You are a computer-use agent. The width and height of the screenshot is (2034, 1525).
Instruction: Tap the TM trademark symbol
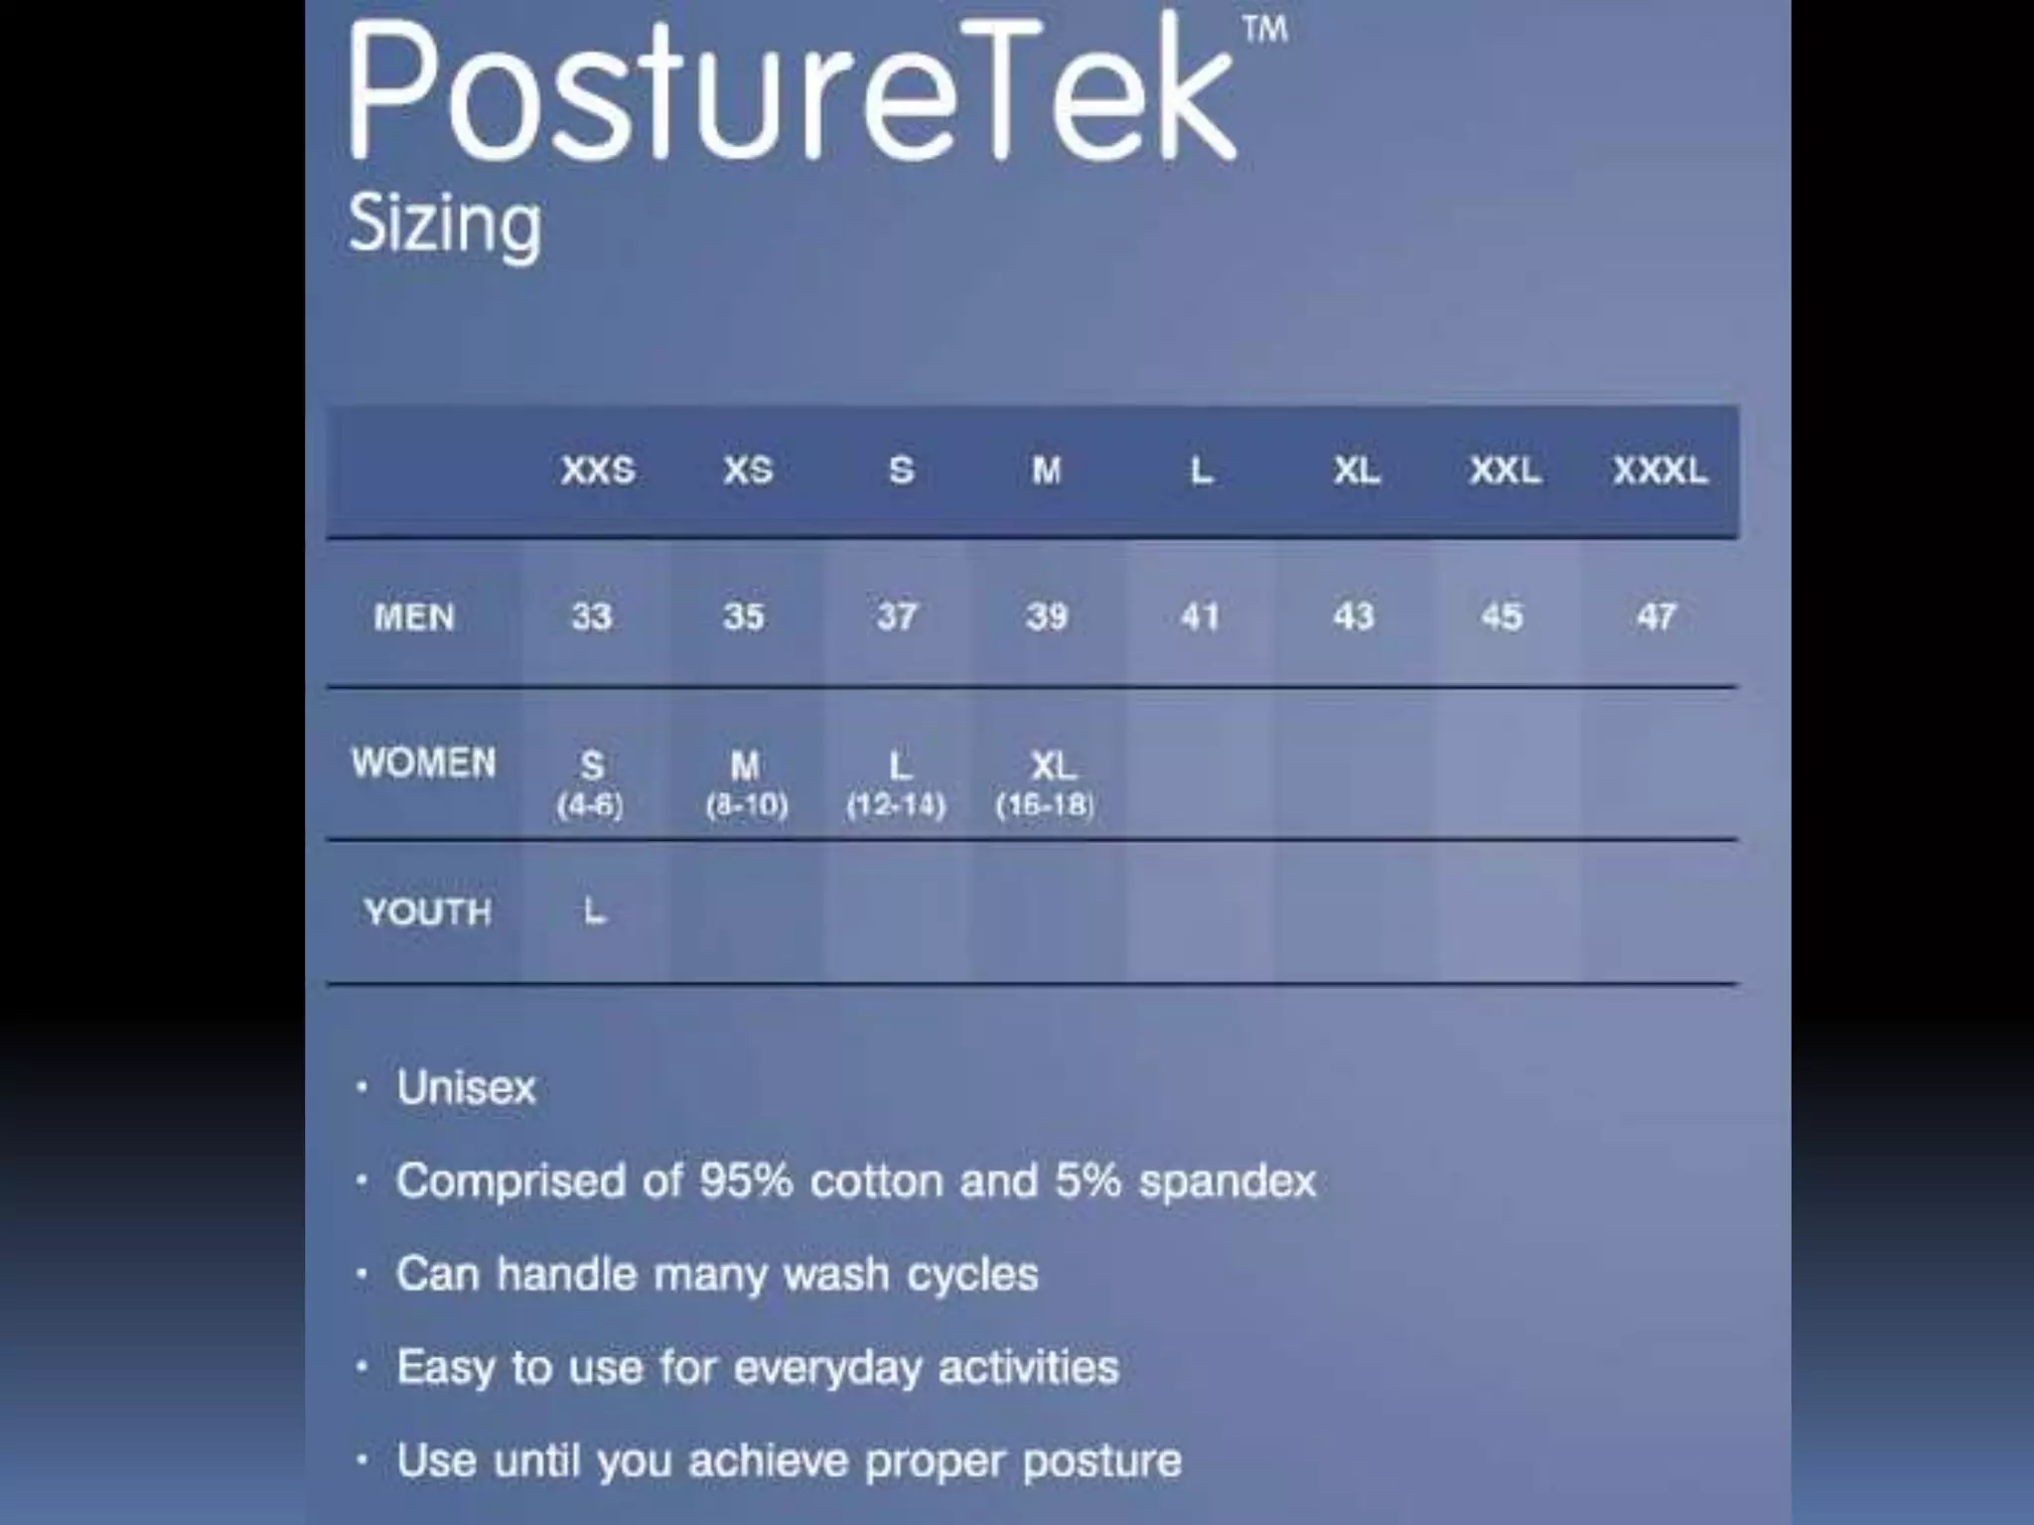coord(1265,29)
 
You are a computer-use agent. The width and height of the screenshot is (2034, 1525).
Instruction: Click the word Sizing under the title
coord(445,224)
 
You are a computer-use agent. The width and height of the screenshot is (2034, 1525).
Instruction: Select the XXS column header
coord(597,470)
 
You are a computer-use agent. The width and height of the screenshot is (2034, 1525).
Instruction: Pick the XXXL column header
coord(1660,470)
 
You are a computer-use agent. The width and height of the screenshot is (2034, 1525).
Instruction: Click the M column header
coord(1046,470)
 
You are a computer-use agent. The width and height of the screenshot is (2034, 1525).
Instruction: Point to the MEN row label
coord(414,618)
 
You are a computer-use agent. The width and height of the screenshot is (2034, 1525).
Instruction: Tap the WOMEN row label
coord(423,762)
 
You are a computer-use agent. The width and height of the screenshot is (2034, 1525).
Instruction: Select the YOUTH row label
coord(427,911)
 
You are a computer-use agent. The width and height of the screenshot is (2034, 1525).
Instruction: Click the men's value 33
coord(592,617)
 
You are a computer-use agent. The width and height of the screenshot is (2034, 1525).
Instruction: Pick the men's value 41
coord(1200,617)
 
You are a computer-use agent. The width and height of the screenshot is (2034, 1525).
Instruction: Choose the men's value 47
coord(1656,617)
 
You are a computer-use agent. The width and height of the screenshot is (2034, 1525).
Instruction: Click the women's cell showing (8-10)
coord(747,804)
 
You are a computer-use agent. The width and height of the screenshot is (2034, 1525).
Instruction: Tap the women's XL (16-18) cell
coord(1049,784)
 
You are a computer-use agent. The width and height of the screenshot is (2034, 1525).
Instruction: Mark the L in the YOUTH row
coord(594,910)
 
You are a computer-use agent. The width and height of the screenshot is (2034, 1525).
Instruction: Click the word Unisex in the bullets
coord(466,1087)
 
